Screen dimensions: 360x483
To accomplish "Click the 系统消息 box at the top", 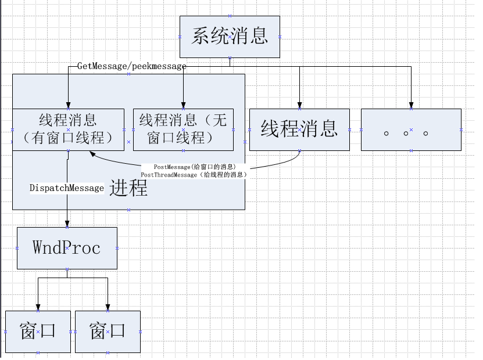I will click(x=230, y=37).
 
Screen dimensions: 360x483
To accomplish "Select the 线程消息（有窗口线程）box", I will click(x=68, y=129).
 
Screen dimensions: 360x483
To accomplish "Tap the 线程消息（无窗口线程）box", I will click(x=183, y=129).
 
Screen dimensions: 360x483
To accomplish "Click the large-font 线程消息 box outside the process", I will click(x=299, y=129).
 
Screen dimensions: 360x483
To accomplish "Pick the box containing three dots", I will click(x=410, y=129).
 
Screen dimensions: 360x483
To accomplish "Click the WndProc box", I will click(x=67, y=248).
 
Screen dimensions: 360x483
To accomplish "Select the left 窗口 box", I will click(x=38, y=332).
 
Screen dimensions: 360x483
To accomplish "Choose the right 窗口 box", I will click(x=108, y=332).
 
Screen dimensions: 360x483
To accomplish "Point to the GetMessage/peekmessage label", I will click(x=131, y=66).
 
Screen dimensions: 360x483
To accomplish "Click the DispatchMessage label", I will click(x=67, y=188).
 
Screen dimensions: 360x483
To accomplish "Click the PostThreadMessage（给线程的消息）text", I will click(x=194, y=174).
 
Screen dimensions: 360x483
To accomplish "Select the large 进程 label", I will click(x=128, y=188).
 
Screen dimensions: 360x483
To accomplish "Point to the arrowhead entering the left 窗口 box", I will click(x=38, y=307).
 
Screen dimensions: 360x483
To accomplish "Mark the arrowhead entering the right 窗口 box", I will click(x=108, y=307).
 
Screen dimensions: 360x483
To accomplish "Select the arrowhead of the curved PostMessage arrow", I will click(x=93, y=154).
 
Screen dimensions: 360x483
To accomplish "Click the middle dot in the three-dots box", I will click(x=405, y=133).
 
